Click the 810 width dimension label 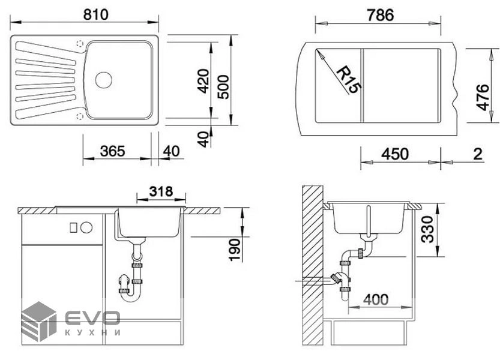[95, 14]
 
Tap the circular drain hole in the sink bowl [104, 80]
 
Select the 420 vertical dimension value [203, 81]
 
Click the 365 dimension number [112, 151]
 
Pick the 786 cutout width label [380, 15]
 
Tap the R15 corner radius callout [349, 79]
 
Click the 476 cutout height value [483, 98]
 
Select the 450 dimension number [395, 154]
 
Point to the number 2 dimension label [477, 154]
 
